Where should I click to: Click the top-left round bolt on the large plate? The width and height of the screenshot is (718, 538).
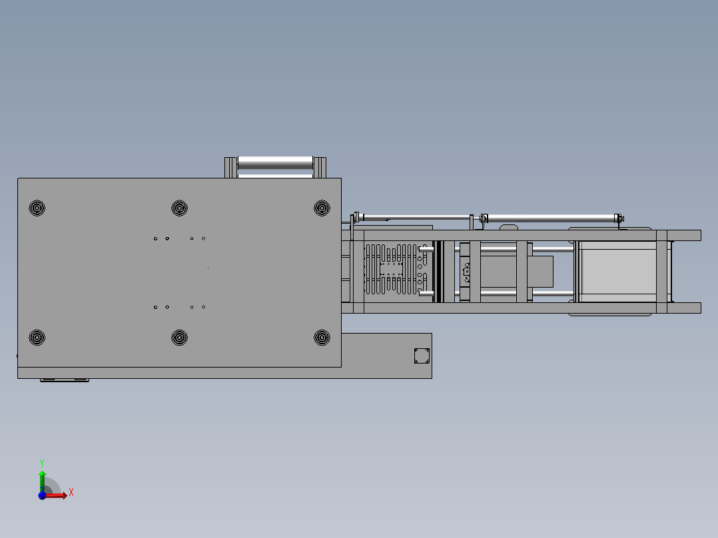click(x=37, y=208)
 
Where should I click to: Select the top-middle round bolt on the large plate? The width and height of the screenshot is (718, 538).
click(x=179, y=208)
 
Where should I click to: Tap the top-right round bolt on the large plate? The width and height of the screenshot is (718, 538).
click(x=322, y=208)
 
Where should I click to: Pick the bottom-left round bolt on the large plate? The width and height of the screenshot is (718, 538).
click(x=37, y=338)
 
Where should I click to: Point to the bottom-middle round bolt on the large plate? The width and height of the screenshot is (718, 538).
click(x=179, y=338)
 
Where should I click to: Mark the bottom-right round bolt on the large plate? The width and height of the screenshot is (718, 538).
click(x=322, y=338)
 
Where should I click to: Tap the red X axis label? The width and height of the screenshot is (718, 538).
click(x=71, y=493)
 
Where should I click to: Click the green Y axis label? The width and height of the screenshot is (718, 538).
click(x=41, y=462)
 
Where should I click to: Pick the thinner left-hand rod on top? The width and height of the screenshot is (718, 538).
click(x=413, y=217)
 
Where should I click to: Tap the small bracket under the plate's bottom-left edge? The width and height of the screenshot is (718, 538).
click(x=65, y=380)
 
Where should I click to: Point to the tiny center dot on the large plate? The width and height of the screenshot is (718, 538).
click(x=208, y=268)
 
